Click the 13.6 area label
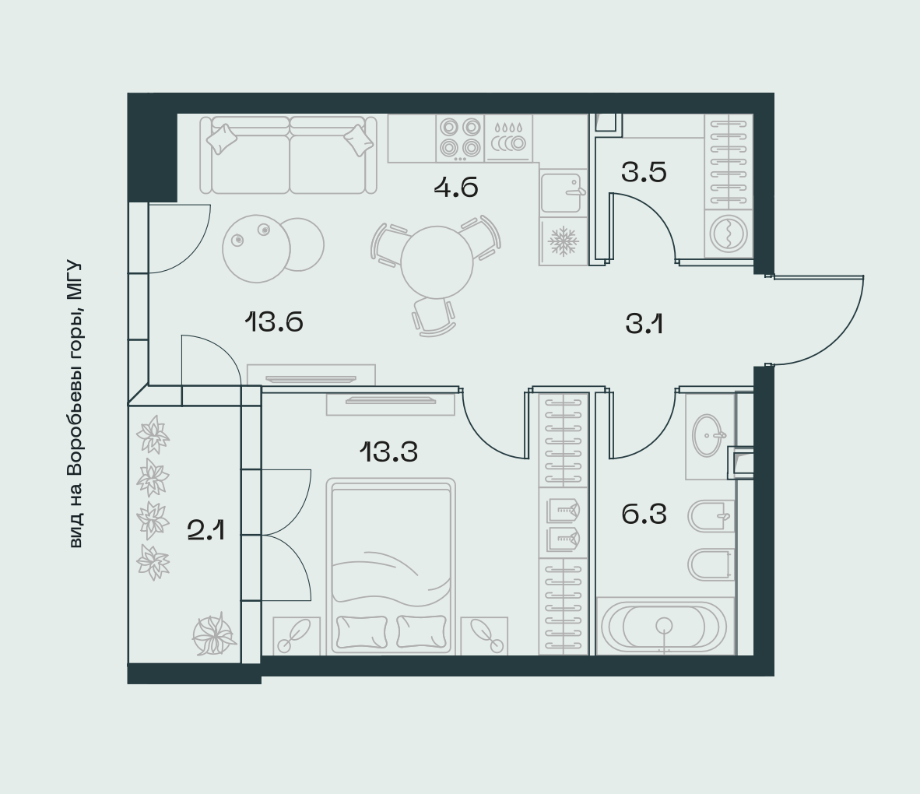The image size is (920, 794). (x=273, y=322)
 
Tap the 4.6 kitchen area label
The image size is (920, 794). (x=456, y=188)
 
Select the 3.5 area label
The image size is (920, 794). (x=644, y=173)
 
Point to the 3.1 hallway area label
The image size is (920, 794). (x=644, y=323)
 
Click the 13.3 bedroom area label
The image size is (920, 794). (x=388, y=452)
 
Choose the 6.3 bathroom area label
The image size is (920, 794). (x=644, y=514)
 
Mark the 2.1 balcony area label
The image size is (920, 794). (x=206, y=531)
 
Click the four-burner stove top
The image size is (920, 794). (x=460, y=138)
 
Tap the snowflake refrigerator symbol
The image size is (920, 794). (x=564, y=241)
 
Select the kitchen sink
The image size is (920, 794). (x=561, y=192)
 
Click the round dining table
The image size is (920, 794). (x=437, y=262)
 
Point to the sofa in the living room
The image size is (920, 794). (x=288, y=155)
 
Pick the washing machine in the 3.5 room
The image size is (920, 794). (x=728, y=233)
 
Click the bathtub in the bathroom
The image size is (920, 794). (x=665, y=627)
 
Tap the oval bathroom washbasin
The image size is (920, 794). (x=709, y=435)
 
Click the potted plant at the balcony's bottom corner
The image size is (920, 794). (x=214, y=634)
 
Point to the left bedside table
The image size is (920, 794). (x=297, y=635)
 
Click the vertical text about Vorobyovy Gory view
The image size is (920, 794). (x=75, y=405)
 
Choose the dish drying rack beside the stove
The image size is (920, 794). (x=509, y=138)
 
